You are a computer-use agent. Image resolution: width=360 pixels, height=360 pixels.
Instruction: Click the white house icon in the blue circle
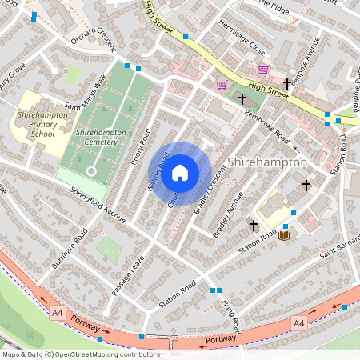coord(180,172)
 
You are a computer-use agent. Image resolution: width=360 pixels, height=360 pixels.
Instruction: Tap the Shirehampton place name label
coord(268,162)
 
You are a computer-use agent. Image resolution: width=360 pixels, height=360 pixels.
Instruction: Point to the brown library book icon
coord(282,235)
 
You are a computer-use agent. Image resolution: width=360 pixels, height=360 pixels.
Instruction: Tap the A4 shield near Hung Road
coord(299,323)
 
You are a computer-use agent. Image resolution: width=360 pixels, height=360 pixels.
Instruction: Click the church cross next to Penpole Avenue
coord(286,82)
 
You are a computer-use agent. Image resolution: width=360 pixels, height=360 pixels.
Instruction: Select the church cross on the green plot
coord(242,98)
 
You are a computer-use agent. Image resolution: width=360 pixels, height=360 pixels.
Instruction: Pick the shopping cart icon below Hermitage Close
coord(263,70)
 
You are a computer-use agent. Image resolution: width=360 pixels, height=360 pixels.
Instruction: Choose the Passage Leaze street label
coord(125,272)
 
